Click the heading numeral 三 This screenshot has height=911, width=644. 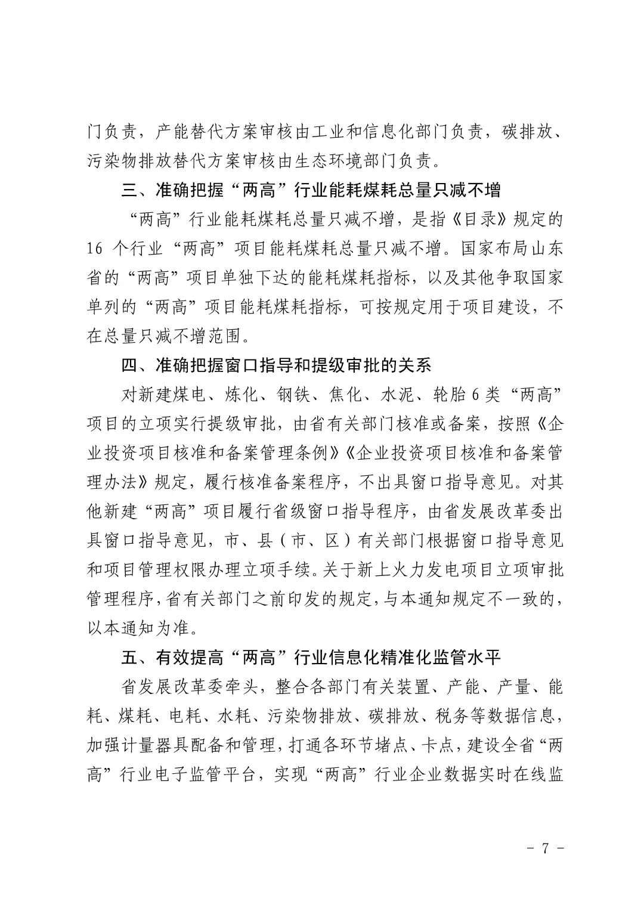(129, 191)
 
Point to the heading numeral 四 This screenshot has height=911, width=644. (129, 365)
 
